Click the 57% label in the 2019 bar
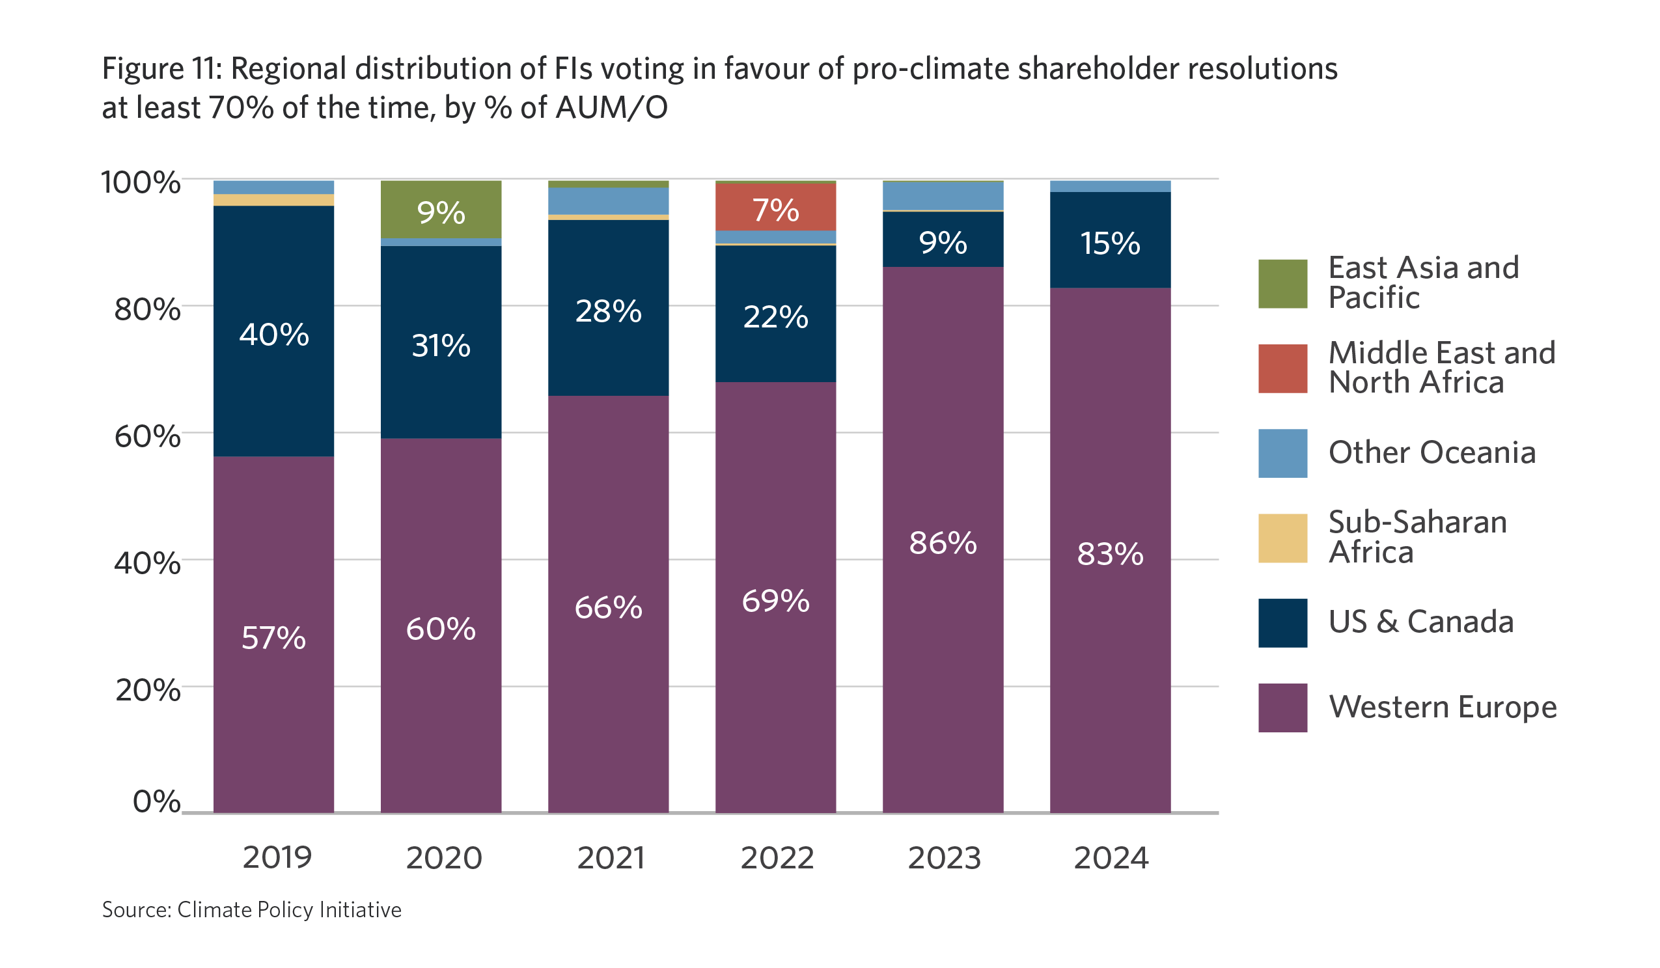[x=273, y=638]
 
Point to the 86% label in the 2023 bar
[x=943, y=544]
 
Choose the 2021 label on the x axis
[x=611, y=858]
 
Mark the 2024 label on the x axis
[x=1111, y=858]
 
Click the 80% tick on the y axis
[x=147, y=309]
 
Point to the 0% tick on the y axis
[x=156, y=802]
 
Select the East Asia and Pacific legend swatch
[x=1282, y=284]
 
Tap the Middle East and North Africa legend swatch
[x=1282, y=368]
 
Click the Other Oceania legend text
[x=1432, y=453]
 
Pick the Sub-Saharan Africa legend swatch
[x=1282, y=538]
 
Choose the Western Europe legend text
[x=1443, y=707]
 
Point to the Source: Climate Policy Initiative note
[x=252, y=909]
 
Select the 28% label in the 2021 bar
[x=608, y=311]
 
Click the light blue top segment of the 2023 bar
[x=943, y=196]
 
